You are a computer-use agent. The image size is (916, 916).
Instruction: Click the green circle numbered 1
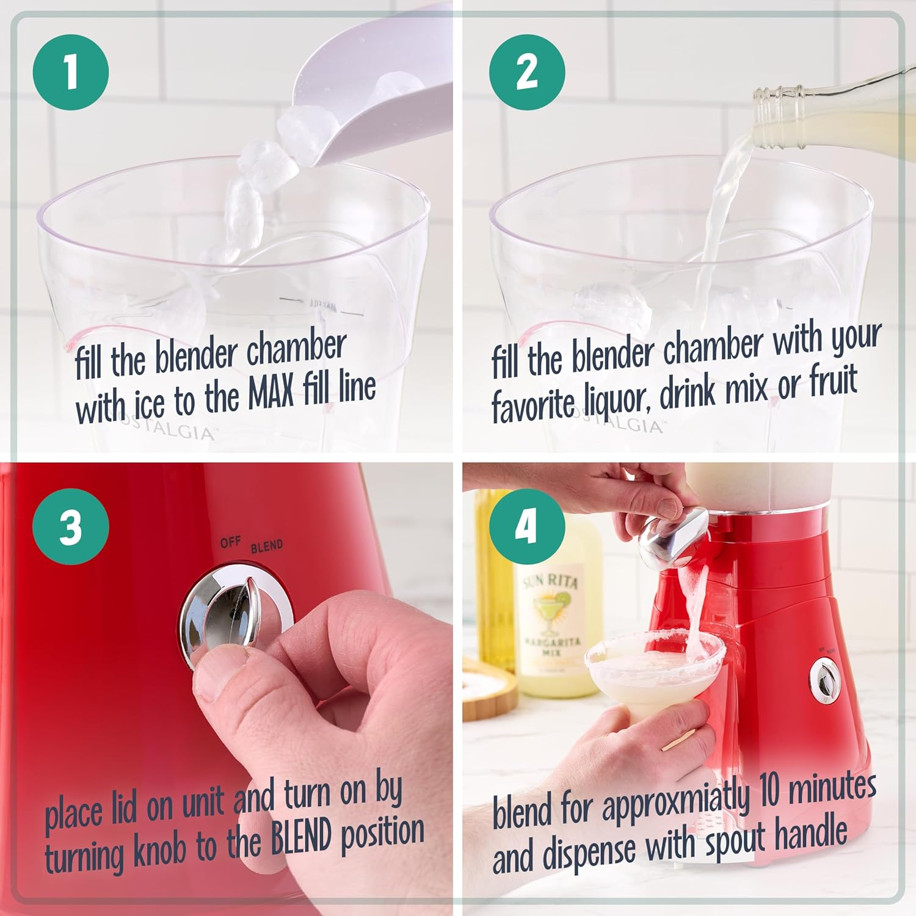point(71,72)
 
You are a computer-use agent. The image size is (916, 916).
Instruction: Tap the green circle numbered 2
point(527,72)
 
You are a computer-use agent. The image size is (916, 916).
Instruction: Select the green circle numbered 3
point(71,526)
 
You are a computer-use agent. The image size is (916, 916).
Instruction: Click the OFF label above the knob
point(230,542)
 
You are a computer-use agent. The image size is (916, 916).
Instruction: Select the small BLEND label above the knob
point(267,546)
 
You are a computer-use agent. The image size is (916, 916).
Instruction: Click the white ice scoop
point(366,92)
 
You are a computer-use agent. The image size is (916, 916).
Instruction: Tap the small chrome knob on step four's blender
point(824,680)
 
